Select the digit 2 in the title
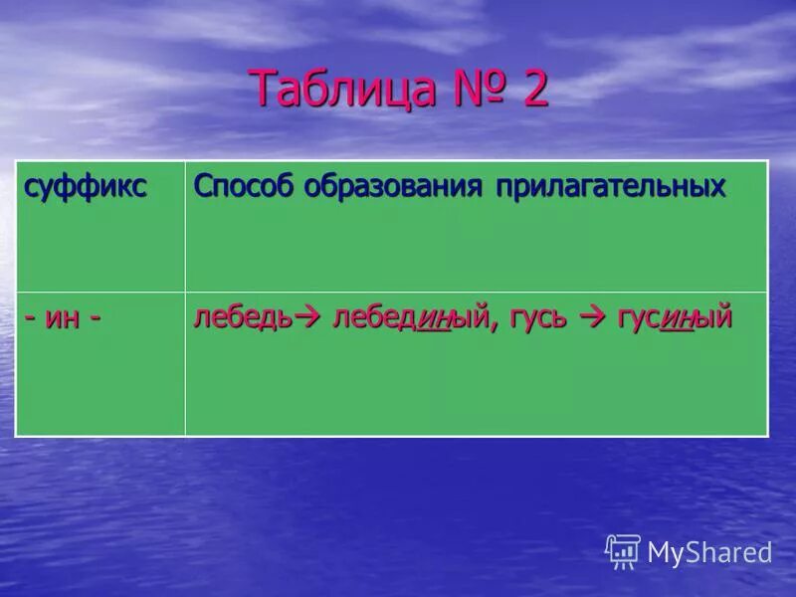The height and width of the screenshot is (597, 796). tap(535, 91)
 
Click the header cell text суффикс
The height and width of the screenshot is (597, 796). tap(87, 187)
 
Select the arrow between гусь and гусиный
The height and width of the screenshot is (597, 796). tap(593, 318)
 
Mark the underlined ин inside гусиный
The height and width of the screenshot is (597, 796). tap(677, 319)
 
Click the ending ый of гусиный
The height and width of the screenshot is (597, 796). tap(714, 319)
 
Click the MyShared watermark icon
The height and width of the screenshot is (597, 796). tap(622, 551)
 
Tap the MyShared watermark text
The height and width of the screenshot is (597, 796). tap(708, 552)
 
